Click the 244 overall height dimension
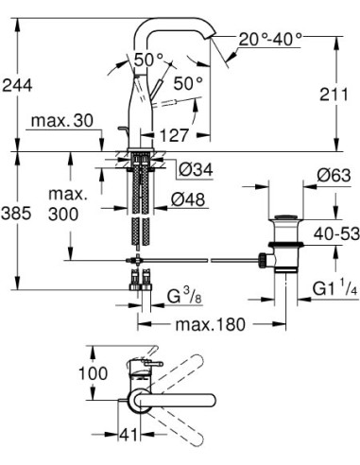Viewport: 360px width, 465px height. [x=19, y=85]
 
